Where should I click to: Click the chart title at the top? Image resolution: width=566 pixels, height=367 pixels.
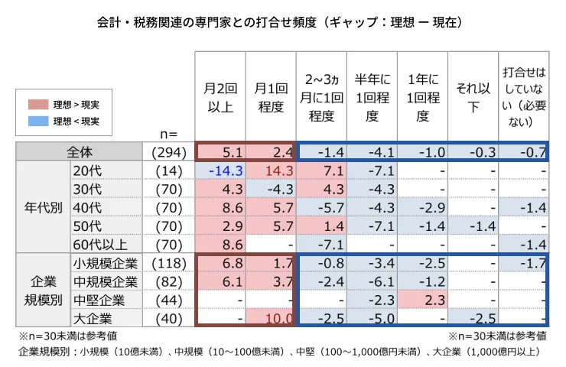(x=282, y=24)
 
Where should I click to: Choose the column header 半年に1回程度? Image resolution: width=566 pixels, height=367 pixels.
(x=372, y=97)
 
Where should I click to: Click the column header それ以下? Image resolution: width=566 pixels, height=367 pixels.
(x=473, y=97)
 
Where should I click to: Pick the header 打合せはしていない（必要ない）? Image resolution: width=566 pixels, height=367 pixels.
(x=523, y=97)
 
